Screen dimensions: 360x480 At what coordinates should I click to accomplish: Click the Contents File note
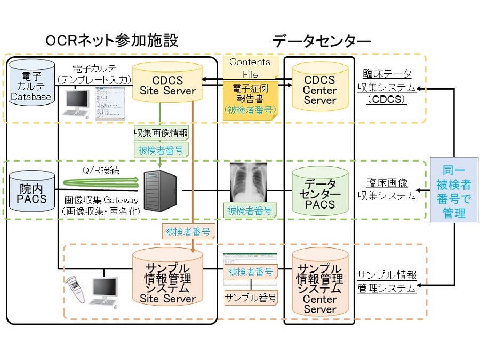coord(250,67)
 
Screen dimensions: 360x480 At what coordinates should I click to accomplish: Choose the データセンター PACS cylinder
coord(319,192)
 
